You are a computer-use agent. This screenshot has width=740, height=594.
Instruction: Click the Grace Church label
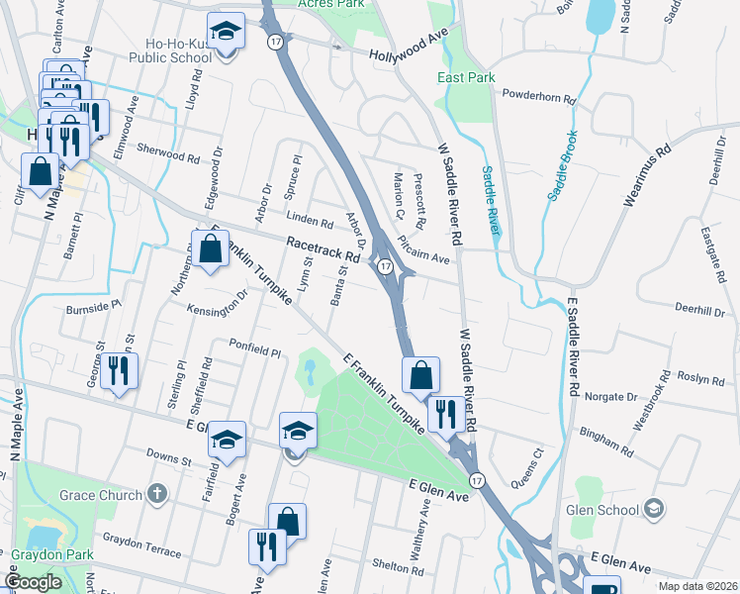click(86, 492)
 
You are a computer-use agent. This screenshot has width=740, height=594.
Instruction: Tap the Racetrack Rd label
click(324, 247)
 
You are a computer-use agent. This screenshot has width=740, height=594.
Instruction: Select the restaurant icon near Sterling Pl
click(119, 372)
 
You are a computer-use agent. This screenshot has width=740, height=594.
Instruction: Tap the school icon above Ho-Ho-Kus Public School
click(227, 32)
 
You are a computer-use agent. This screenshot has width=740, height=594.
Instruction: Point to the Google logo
click(34, 582)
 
